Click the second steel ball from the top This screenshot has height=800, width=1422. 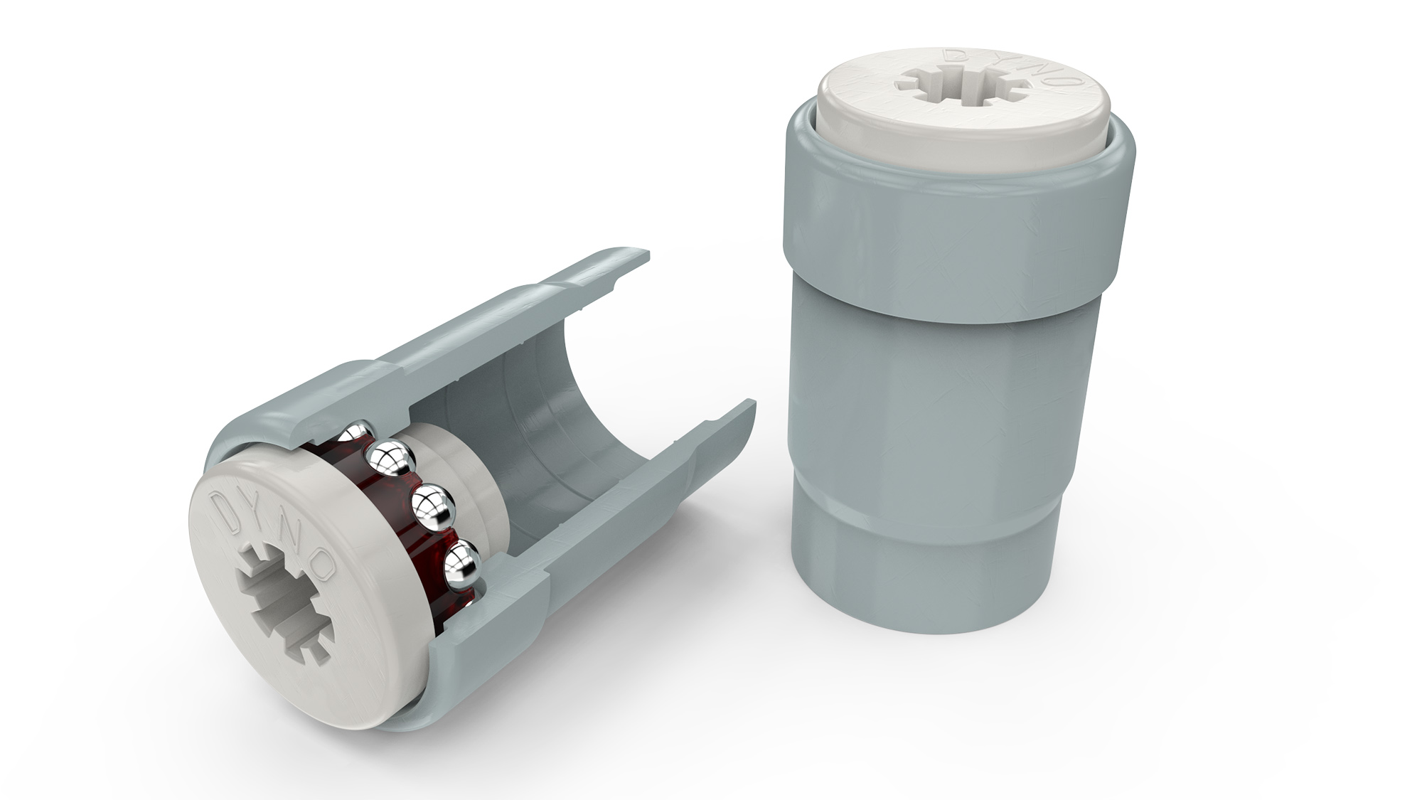[x=390, y=462]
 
